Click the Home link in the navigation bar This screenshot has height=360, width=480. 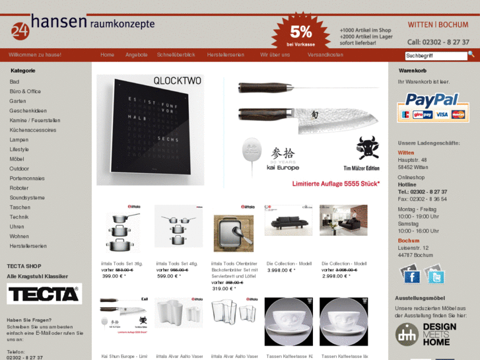pyautogui.click(x=107, y=55)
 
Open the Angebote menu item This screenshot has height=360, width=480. pyautogui.click(x=136, y=55)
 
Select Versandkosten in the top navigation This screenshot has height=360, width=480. pyautogui.click(x=325, y=55)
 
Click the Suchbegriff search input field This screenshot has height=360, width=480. pyautogui.click(x=436, y=56)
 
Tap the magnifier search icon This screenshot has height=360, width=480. pyautogui.click(x=471, y=55)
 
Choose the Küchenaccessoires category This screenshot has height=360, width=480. pyautogui.click(x=33, y=130)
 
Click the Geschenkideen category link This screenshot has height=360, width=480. pyautogui.click(x=28, y=111)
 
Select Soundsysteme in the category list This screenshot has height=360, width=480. pyautogui.click(x=27, y=198)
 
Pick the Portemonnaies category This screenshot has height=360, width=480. pyautogui.click(x=27, y=178)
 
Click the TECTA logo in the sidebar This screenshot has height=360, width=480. pyautogui.click(x=44, y=294)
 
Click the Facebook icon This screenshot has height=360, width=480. pyautogui.click(x=411, y=276)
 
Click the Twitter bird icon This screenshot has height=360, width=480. pyautogui.click(x=435, y=276)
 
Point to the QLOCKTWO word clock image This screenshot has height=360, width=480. pyautogui.click(x=151, y=131)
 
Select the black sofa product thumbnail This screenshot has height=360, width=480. pyautogui.click(x=289, y=221)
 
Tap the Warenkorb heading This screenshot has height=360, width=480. pyautogui.click(x=413, y=71)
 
